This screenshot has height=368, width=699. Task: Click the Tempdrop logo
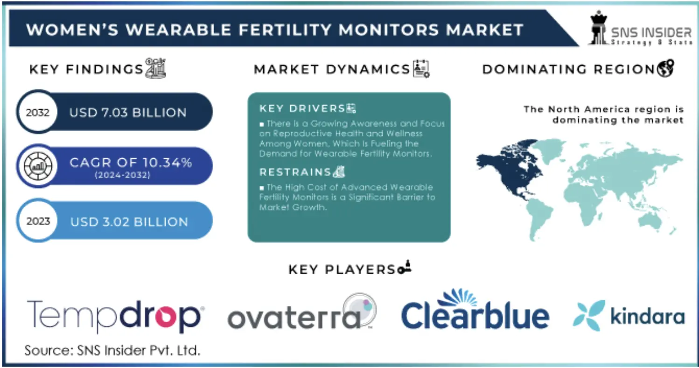114,317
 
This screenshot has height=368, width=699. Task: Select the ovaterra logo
301,314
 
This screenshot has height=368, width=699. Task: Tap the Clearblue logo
475,311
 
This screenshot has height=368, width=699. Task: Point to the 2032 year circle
37,113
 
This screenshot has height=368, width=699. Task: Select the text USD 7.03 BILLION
127,113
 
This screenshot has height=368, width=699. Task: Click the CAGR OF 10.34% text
130,163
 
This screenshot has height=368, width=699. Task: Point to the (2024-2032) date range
122,176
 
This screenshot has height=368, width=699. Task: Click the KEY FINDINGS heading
86,70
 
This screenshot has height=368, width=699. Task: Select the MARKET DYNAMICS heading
332,70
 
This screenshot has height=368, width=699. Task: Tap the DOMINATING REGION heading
569,70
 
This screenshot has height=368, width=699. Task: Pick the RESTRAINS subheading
295,172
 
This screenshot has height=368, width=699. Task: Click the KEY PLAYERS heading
342,269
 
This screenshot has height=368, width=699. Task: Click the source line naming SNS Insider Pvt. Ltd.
112,350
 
